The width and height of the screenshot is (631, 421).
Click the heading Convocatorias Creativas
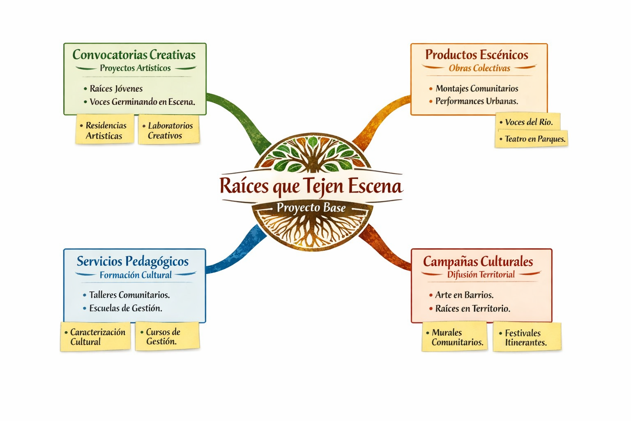tap(134, 55)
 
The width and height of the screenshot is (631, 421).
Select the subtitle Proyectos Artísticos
tap(135, 68)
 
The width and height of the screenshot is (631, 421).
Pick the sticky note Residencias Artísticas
tap(105, 130)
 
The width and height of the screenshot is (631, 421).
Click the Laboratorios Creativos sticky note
tap(169, 130)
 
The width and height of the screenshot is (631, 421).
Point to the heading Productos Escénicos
tap(477, 55)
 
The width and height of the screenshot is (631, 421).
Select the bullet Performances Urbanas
tap(477, 101)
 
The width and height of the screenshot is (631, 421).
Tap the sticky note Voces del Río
tap(528, 122)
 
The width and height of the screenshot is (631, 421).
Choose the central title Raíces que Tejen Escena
tap(311, 186)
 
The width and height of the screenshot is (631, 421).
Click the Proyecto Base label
tap(311, 208)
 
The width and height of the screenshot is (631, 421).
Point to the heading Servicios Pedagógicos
tap(133, 261)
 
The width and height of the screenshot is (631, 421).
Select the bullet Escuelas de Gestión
tap(125, 308)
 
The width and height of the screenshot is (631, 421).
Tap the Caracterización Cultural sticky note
tap(96, 337)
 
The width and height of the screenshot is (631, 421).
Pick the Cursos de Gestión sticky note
tap(167, 336)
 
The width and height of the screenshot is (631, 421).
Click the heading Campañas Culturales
tap(478, 262)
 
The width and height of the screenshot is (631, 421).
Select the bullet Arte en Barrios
tap(464, 295)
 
